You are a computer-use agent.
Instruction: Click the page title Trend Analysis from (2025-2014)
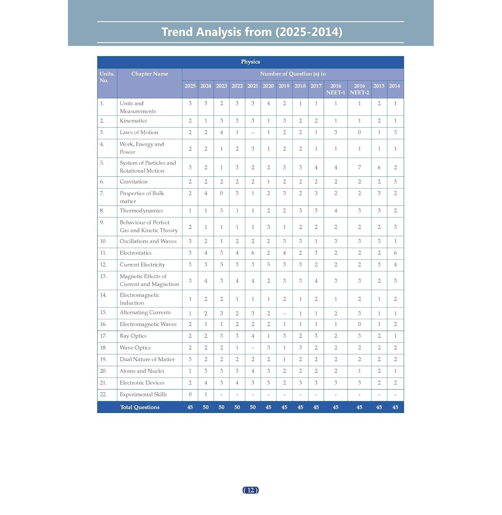tap(252, 32)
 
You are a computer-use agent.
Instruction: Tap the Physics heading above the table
tap(250, 62)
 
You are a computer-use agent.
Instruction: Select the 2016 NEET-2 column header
tap(359, 89)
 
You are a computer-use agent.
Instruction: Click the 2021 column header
tap(253, 86)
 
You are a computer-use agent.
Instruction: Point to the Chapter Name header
tap(150, 74)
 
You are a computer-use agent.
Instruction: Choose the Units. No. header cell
tap(107, 77)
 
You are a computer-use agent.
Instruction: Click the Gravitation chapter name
tap(133, 182)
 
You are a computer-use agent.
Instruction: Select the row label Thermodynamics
tap(141, 211)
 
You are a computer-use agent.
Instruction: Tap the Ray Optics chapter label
tap(133, 336)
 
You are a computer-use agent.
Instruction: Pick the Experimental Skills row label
tap(143, 394)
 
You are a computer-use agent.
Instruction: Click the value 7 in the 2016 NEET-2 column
tap(359, 168)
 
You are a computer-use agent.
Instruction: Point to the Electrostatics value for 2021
tap(253, 253)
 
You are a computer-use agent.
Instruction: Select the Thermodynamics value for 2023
tap(221, 211)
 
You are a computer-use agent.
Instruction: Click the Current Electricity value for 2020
tap(268, 265)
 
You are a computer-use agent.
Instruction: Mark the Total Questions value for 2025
tap(190, 407)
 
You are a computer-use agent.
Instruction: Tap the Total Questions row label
tap(140, 407)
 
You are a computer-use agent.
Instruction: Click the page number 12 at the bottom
tap(250, 490)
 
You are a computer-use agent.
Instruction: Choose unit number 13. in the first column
tap(103, 276)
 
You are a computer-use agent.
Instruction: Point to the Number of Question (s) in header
tap(293, 74)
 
